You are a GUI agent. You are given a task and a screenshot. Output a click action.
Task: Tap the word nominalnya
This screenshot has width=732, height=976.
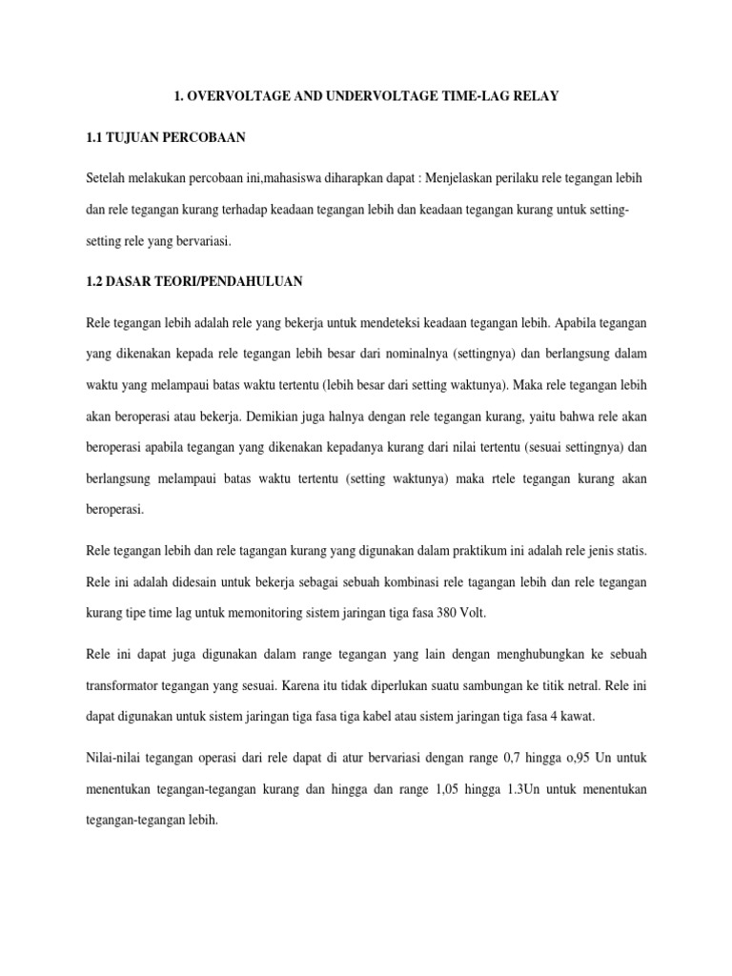click(412, 353)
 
